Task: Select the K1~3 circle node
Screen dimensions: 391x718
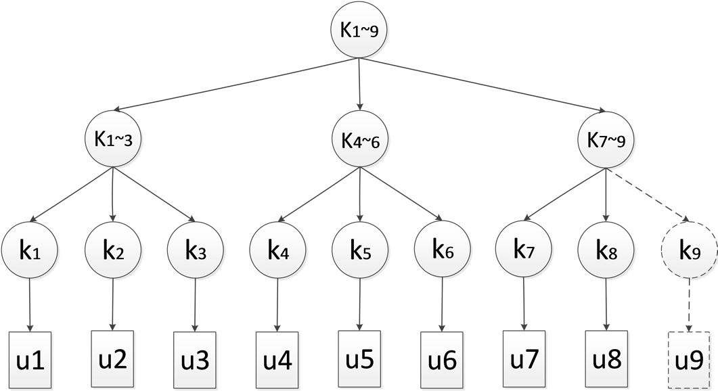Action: click(112, 141)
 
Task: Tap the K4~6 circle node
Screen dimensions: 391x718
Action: click(359, 141)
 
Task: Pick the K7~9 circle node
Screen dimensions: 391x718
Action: click(605, 141)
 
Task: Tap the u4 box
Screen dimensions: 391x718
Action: click(277, 356)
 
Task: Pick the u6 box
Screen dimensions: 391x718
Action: click(441, 356)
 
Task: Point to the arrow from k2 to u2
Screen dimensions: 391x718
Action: click(112, 302)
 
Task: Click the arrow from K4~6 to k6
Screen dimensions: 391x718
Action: click(401, 195)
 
